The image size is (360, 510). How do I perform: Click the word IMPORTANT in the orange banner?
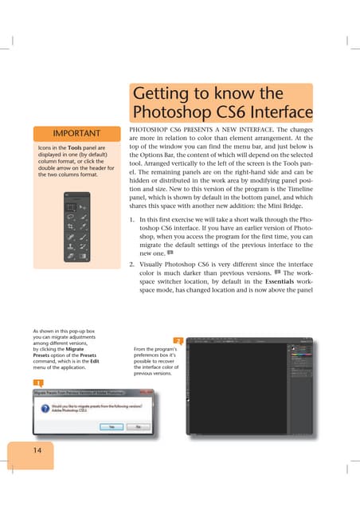pos(76,133)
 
